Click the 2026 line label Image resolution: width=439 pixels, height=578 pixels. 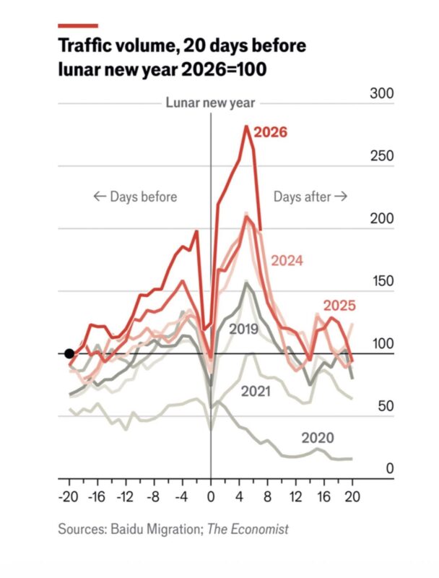point(271,132)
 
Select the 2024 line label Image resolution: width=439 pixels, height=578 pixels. point(287,261)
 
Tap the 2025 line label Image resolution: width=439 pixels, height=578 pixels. point(338,305)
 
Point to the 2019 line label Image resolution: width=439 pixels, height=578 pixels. point(243,329)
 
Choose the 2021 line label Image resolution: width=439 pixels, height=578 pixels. point(256,392)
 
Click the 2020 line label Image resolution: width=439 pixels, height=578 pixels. point(318,437)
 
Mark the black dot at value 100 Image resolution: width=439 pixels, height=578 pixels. point(69,353)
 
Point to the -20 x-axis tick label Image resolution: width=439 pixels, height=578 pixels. point(69,499)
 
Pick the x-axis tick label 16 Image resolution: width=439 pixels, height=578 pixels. point(323,499)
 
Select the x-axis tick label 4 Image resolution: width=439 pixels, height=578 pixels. point(239,499)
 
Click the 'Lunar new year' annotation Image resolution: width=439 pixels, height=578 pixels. point(210,103)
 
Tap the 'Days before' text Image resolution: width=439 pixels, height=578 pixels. point(136,197)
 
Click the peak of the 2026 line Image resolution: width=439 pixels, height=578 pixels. point(246,126)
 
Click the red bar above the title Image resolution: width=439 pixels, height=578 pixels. point(77,25)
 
